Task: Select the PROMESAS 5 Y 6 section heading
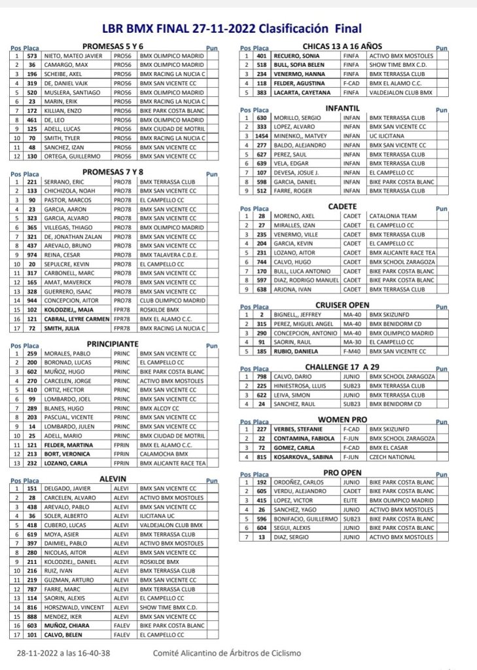(x=113, y=47)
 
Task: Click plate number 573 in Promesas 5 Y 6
(x=31, y=56)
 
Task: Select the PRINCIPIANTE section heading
(x=113, y=343)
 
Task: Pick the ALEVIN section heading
(x=113, y=479)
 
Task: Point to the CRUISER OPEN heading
(x=342, y=305)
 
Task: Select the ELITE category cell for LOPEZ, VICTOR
(x=350, y=500)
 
